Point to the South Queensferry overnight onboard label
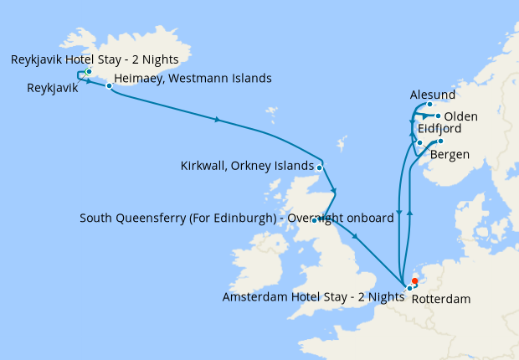236,219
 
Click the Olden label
461,116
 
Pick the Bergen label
449,155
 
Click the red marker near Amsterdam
414,281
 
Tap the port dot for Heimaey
109,85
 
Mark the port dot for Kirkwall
320,166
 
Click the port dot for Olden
438,116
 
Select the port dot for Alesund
429,105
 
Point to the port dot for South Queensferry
315,219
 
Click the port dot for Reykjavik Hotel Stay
88,72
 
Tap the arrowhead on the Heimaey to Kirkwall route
218,121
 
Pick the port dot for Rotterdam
410,288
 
